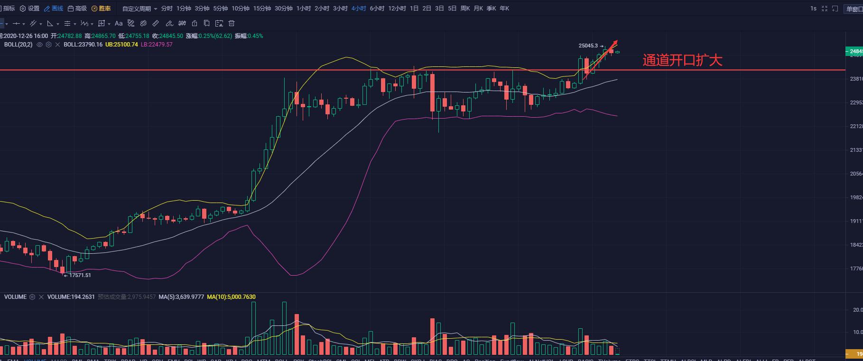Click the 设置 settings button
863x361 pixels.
(x=29, y=9)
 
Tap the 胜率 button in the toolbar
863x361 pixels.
(x=101, y=9)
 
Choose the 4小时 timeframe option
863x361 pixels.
(x=358, y=9)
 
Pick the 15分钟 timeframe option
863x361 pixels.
(x=261, y=9)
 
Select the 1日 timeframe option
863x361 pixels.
(x=414, y=9)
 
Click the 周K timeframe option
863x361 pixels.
(x=465, y=9)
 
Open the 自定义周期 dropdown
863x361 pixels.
(x=139, y=9)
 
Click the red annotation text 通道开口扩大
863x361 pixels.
(x=682, y=60)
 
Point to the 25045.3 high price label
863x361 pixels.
(x=588, y=46)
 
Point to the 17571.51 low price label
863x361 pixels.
(x=80, y=275)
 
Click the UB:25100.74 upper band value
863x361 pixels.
(x=121, y=45)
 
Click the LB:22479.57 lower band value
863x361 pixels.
(x=157, y=45)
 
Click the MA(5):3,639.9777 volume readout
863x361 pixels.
(x=181, y=297)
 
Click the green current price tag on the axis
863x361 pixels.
(x=854, y=51)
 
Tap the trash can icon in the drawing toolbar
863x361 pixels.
(x=232, y=23)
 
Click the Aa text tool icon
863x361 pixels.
(x=119, y=23)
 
